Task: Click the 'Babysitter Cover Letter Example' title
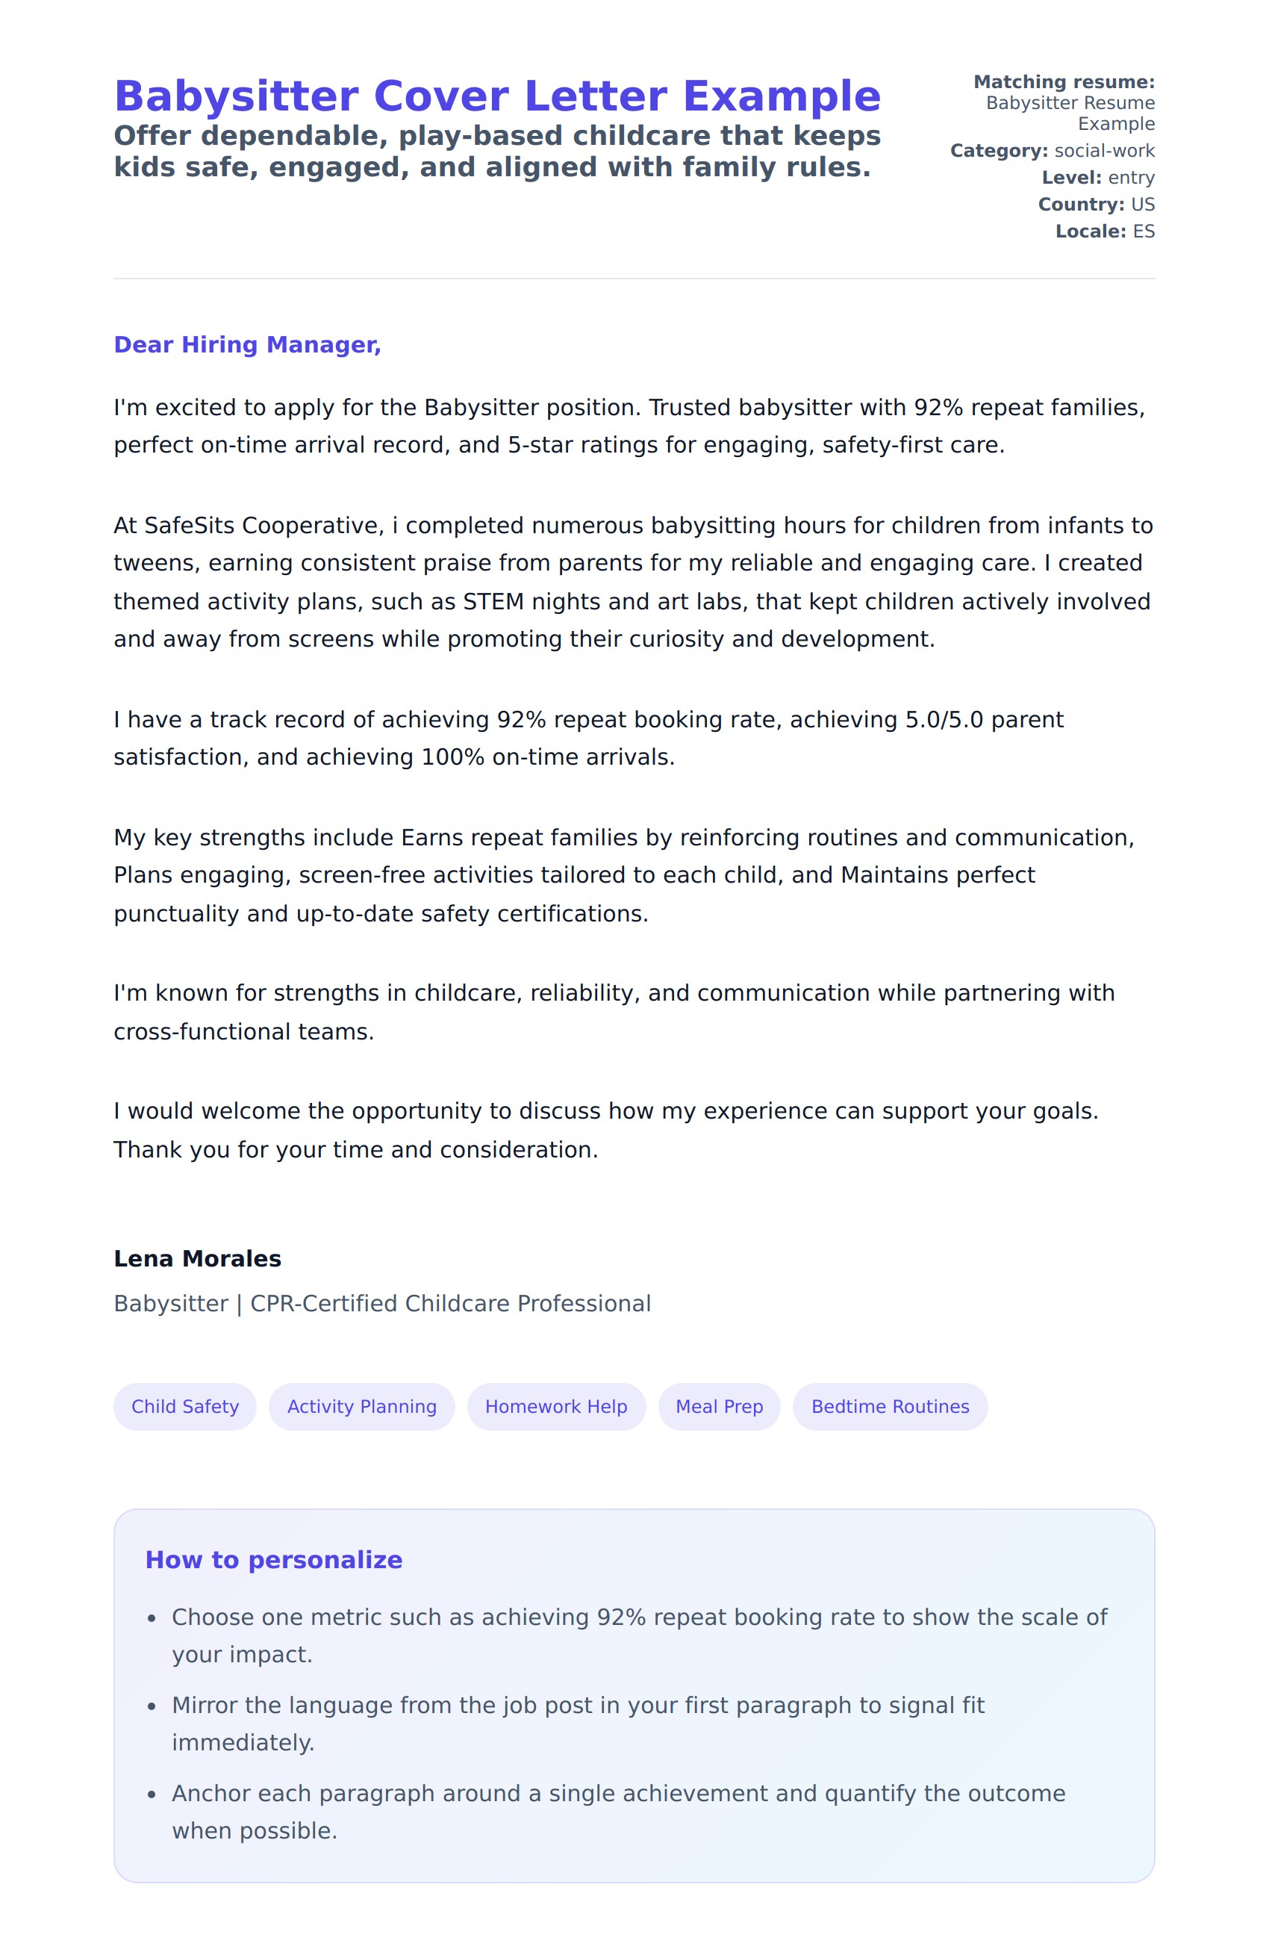coord(497,97)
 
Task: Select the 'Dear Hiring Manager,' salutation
coord(247,345)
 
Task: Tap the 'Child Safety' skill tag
coord(185,1406)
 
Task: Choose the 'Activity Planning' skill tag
coord(361,1406)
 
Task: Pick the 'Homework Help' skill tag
coord(556,1406)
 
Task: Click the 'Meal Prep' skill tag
coord(719,1406)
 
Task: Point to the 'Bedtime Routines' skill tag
coord(890,1406)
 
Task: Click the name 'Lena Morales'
coord(197,1258)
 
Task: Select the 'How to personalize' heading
coord(273,1560)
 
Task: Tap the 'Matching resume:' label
coord(1064,82)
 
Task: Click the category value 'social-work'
coord(1104,151)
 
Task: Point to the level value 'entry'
coord(1131,178)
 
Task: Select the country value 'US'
coord(1143,205)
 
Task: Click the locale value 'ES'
coord(1144,231)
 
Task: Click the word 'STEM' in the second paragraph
coord(493,602)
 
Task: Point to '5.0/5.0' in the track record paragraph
coord(944,720)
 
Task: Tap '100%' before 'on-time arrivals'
coord(452,757)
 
